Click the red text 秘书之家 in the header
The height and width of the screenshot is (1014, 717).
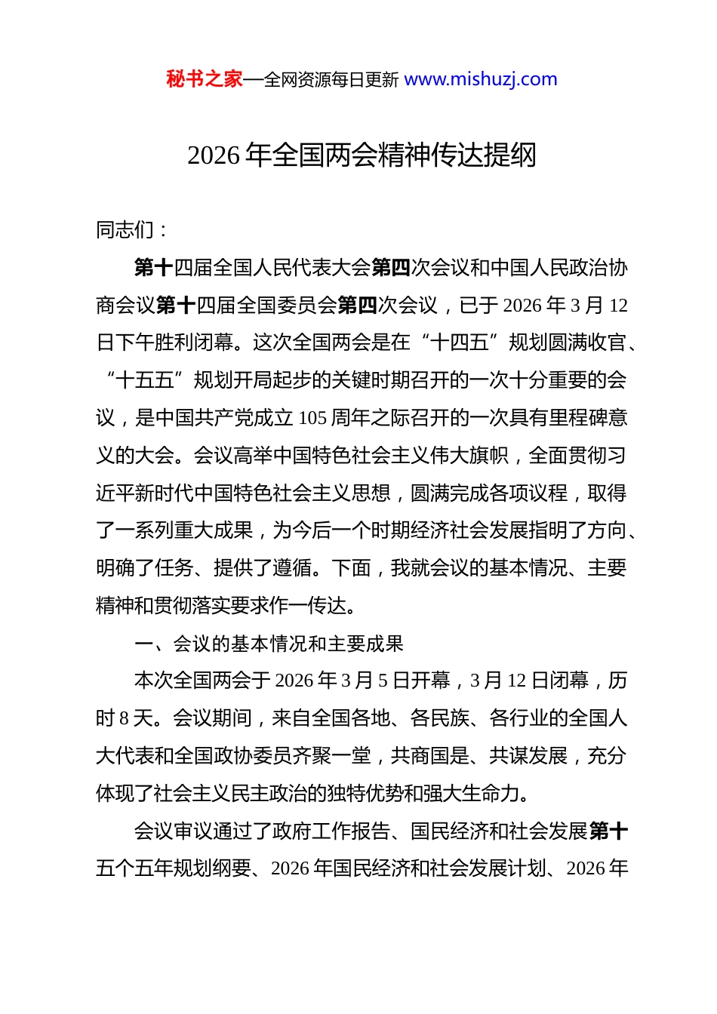click(205, 79)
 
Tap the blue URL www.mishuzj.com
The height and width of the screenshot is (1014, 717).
click(481, 79)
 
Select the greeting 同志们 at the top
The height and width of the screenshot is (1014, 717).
click(125, 229)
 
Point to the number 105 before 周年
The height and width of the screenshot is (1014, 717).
click(312, 418)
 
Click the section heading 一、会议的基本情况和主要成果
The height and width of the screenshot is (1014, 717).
click(269, 644)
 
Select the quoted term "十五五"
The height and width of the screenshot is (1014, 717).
click(145, 380)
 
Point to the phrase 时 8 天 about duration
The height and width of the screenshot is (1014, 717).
click(125, 718)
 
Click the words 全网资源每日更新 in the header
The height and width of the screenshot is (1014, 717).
click(331, 79)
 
